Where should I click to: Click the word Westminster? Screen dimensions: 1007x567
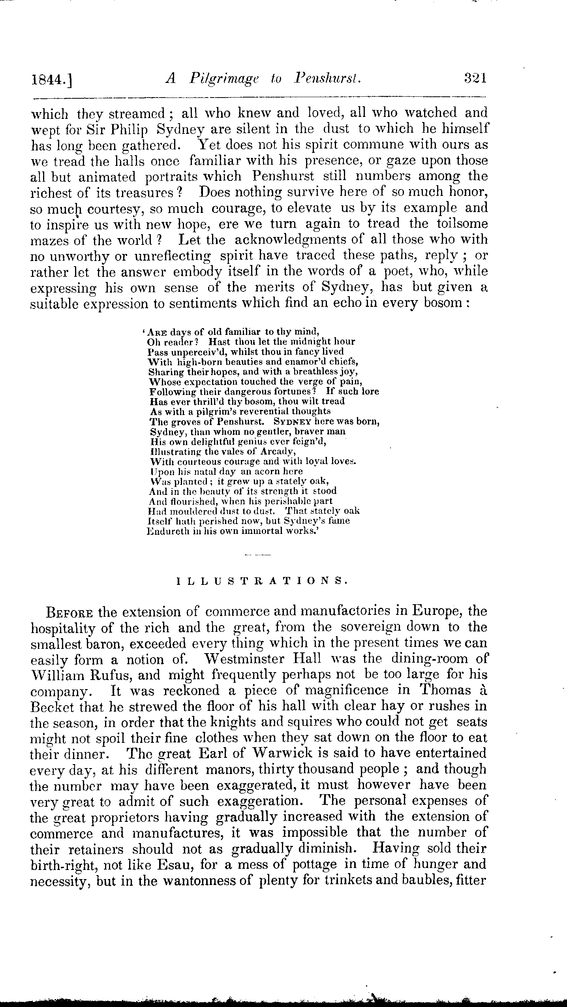point(244,659)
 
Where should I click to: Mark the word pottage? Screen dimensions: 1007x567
point(314,864)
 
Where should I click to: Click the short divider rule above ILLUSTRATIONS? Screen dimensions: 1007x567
point(258,555)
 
